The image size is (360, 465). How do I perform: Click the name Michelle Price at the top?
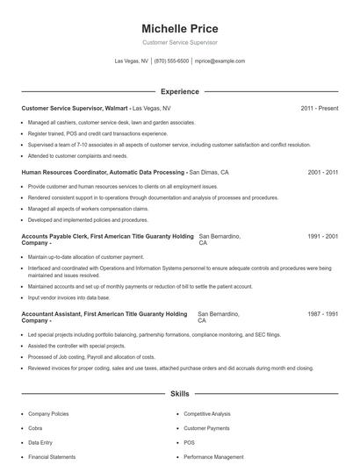pos(179,29)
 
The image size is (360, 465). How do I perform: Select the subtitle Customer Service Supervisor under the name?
pos(179,42)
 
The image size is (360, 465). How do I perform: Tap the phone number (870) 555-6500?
pos(171,61)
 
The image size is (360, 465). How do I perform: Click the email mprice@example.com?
pos(220,61)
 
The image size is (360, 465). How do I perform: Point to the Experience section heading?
pos(179,91)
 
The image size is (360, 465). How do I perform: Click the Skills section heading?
pos(179,395)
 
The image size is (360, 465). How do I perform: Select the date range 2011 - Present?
pos(319,108)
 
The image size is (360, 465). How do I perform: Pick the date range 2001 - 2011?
pos(323,173)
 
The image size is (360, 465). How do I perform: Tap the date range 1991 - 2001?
pos(323,237)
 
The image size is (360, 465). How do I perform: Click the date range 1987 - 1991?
pos(323,313)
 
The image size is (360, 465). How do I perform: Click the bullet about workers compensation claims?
pos(88,209)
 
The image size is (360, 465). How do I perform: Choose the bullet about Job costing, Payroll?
pos(91,357)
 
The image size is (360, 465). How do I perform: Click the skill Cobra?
pos(36,427)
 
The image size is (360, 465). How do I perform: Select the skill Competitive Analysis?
pos(206,412)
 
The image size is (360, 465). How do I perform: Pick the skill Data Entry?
pos(40,442)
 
